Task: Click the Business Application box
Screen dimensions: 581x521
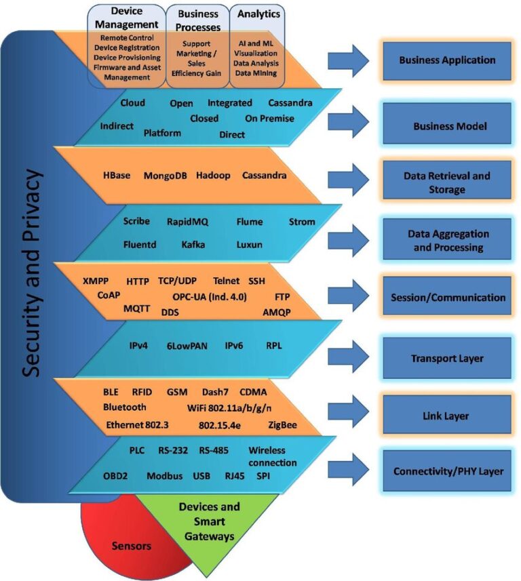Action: (446, 60)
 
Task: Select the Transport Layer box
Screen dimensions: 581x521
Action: (446, 359)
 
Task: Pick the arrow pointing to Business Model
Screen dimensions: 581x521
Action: (348, 123)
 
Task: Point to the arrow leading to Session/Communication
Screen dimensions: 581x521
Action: (348, 294)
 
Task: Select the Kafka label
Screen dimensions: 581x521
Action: (193, 244)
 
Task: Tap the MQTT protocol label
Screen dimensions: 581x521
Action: (136, 308)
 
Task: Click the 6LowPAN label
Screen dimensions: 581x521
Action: (188, 346)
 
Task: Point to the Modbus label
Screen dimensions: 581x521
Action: (165, 476)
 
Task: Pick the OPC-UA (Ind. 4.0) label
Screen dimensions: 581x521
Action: (209, 297)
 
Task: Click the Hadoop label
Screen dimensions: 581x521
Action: (213, 176)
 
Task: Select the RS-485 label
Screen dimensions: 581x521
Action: (214, 450)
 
